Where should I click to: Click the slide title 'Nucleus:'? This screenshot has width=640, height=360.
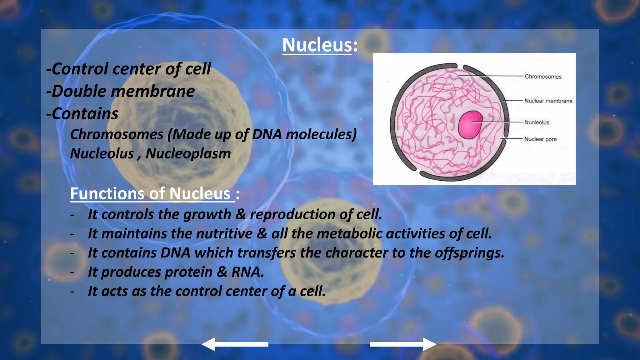tap(320, 45)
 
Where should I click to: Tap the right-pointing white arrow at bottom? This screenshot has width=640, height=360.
tap(403, 344)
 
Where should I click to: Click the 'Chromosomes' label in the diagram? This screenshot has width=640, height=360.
tap(543, 77)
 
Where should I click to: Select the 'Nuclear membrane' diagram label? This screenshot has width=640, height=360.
tap(548, 101)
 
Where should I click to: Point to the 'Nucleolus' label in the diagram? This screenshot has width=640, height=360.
tap(537, 122)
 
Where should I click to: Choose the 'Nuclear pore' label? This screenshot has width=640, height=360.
tap(540, 139)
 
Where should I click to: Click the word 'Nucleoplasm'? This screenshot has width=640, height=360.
tap(188, 153)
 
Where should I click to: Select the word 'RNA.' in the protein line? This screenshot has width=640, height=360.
tap(247, 272)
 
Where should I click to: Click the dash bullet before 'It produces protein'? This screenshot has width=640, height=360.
tap(72, 272)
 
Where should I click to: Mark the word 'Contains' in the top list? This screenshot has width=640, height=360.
tap(85, 114)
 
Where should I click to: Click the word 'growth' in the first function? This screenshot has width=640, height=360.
tap(207, 215)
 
